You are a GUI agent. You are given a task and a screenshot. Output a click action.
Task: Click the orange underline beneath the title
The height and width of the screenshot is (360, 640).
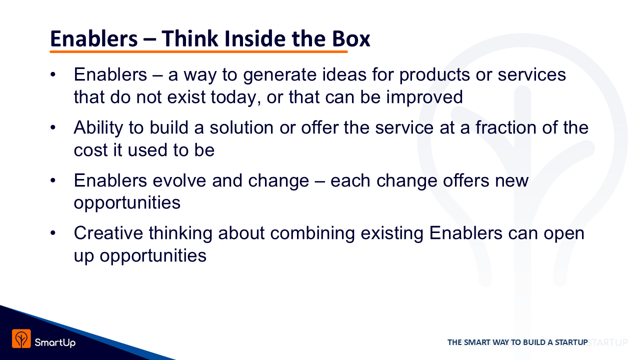(x=198, y=51)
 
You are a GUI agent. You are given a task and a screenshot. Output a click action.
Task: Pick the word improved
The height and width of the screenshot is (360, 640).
(x=424, y=97)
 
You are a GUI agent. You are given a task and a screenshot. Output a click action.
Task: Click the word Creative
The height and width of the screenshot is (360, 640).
(x=108, y=233)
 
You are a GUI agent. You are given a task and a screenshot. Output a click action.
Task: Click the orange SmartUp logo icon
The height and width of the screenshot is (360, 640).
(x=21, y=338)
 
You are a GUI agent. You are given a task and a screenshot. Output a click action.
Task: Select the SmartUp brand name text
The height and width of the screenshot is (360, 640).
(x=55, y=342)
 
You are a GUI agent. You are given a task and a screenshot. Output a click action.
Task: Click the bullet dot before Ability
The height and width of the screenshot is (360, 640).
(x=53, y=127)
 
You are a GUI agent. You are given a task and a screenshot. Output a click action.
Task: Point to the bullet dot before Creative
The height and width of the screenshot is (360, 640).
(x=53, y=233)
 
